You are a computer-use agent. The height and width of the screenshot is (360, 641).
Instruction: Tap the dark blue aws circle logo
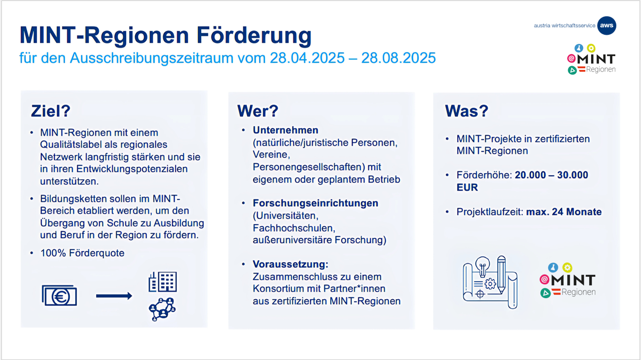click(607, 26)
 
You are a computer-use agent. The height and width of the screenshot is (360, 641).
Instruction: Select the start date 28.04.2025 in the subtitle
click(307, 58)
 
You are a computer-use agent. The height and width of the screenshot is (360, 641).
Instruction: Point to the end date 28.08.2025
click(398, 58)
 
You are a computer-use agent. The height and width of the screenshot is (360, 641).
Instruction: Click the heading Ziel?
click(50, 111)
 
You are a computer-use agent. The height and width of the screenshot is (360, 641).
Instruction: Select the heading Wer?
click(257, 111)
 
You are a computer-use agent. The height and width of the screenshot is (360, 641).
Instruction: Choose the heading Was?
click(466, 111)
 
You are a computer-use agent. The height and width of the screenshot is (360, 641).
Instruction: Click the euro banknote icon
click(59, 295)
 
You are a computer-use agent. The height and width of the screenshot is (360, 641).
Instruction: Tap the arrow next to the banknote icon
click(114, 296)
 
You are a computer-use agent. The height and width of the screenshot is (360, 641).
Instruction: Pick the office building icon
click(163, 282)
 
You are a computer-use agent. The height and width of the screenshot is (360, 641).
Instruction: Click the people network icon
click(162, 309)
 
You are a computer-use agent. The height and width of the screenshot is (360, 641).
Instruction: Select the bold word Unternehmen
click(286, 130)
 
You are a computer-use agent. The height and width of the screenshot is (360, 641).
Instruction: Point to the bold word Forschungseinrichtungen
click(316, 203)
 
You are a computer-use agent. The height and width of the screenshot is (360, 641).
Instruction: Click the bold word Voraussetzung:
click(290, 264)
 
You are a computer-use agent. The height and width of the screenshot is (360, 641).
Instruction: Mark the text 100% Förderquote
click(82, 253)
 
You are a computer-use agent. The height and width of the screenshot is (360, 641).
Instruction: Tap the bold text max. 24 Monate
click(564, 212)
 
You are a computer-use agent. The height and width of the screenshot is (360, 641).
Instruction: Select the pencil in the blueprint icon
click(502, 275)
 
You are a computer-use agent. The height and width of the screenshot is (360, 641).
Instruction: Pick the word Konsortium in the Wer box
click(278, 289)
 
